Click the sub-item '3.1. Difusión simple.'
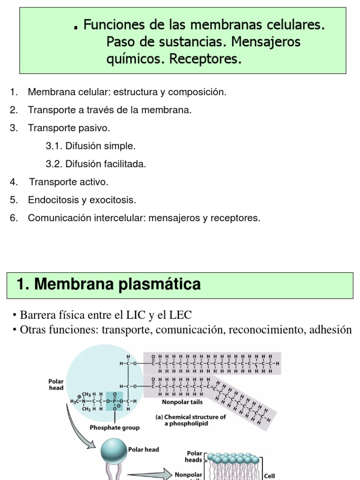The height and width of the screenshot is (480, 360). pos(90,146)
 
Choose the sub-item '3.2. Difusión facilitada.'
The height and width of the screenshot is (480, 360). pos(96,164)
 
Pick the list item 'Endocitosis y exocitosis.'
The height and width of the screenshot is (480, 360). pos(82,200)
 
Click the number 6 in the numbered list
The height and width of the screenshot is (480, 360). pos(13,218)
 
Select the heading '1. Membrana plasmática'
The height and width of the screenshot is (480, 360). pos(108,284)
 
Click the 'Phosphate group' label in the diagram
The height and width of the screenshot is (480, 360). pos(114,427)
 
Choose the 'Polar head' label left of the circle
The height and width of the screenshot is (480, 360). pos(56,384)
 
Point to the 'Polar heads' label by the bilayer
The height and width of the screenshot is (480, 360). pos(194,457)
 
